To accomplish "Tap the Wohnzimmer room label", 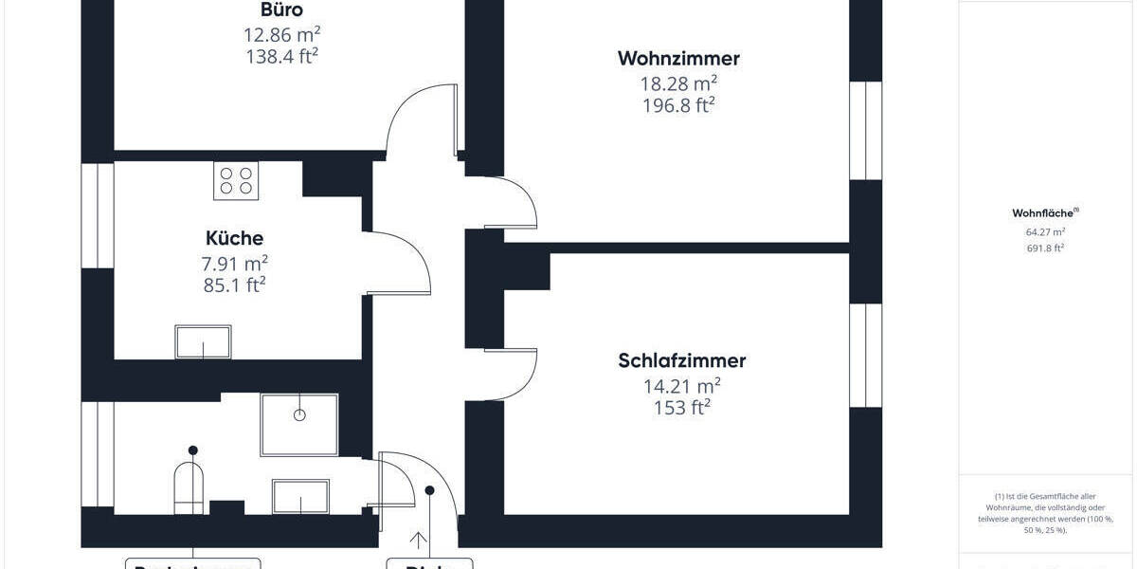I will tap(678, 59).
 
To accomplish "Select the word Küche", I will tap(234, 238).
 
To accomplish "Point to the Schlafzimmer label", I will tap(681, 361).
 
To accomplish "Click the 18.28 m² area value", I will tap(678, 83).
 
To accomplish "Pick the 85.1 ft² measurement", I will tap(234, 284).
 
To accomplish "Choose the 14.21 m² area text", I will tap(681, 385).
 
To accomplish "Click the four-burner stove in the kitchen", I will tap(236, 180).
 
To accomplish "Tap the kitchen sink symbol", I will tap(203, 342).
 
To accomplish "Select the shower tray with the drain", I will tap(299, 424).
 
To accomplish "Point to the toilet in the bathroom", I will tap(189, 487).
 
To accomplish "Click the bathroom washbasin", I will tap(300, 496).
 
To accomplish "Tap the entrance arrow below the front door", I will tap(418, 541).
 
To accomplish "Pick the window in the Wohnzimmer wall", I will tap(865, 131).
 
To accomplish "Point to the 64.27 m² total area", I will tap(1038, 231).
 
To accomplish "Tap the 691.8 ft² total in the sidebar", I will tap(1038, 248).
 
